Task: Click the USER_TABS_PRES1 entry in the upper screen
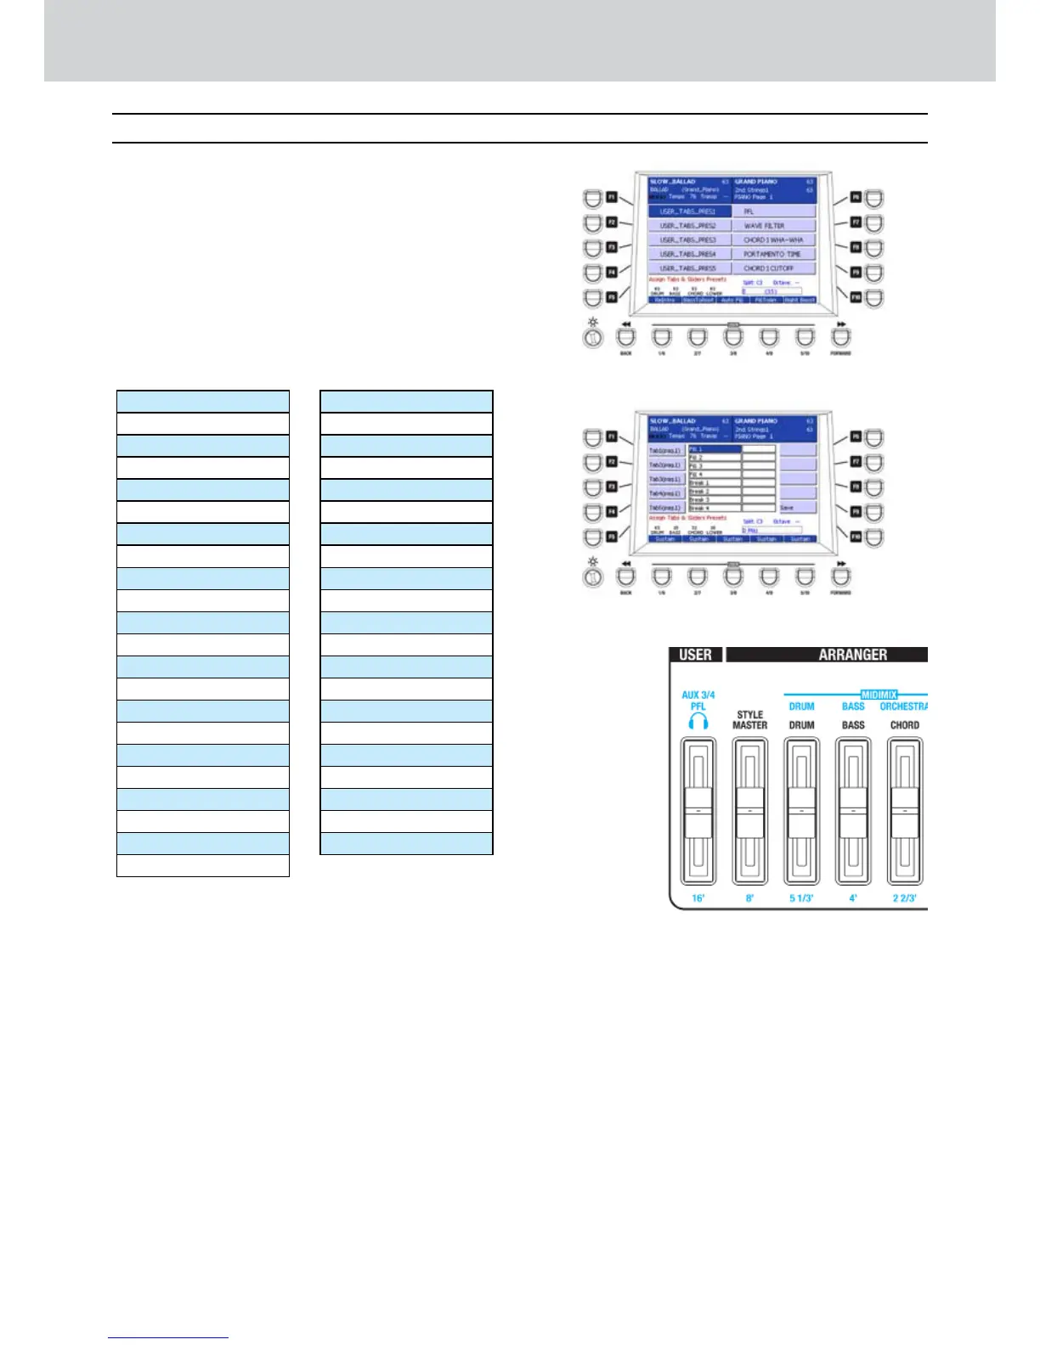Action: [x=689, y=211]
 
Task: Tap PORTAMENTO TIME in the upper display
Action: [x=773, y=254]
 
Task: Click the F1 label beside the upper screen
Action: [x=611, y=197]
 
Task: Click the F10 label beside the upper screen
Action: [x=856, y=298]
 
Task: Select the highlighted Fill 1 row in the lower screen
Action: [x=714, y=449]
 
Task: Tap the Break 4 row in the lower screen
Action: [x=714, y=508]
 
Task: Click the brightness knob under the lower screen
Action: [x=593, y=577]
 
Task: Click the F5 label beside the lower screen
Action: [x=611, y=537]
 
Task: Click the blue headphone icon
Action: [x=698, y=722]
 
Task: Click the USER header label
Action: [x=696, y=655]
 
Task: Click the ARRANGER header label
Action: [x=852, y=655]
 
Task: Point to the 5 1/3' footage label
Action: [x=801, y=898]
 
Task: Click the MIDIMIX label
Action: [x=879, y=695]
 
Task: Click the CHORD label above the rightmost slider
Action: [x=904, y=725]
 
